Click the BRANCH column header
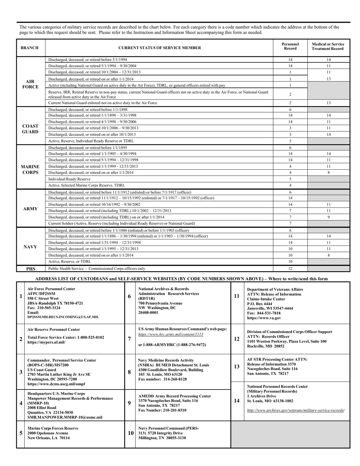point(30,48)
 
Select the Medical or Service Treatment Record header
point(328,48)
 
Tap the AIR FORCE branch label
point(30,84)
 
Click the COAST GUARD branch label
point(30,129)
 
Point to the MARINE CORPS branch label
point(30,169)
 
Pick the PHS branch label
point(30,269)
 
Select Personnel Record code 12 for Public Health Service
point(290,269)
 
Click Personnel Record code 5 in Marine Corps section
point(290,179)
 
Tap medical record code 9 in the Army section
point(328,217)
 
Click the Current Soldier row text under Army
point(122,224)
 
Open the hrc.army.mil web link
point(171,335)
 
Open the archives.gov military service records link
point(296,410)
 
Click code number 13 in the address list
point(236,366)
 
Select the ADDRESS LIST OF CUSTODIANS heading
point(181,279)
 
